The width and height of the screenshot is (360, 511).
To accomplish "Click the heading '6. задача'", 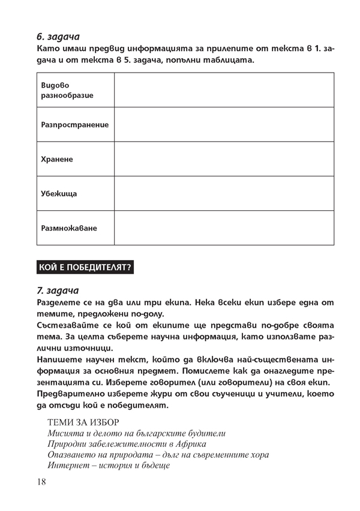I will pyautogui.click(x=58, y=37).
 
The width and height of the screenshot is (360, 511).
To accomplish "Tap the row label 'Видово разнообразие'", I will pyautogui.click(x=67, y=90).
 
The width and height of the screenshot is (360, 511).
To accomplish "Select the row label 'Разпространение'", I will pyautogui.click(x=75, y=125).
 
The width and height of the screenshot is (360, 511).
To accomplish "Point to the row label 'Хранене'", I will pyautogui.click(x=57, y=159).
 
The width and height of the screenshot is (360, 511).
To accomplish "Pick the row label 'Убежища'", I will pyautogui.click(x=59, y=194).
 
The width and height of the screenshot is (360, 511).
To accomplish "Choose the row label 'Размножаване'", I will pyautogui.click(x=69, y=228).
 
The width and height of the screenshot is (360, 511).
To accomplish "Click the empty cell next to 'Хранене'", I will pyautogui.click(x=224, y=159).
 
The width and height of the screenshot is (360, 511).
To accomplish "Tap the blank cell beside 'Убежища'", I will pyautogui.click(x=224, y=193).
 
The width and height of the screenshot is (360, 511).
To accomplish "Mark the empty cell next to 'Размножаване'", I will pyautogui.click(x=224, y=228).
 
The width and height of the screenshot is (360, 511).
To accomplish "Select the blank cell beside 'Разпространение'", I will pyautogui.click(x=224, y=124).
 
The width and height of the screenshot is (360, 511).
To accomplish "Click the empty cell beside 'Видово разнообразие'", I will pyautogui.click(x=224, y=90).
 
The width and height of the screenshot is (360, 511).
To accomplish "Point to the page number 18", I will pyautogui.click(x=41, y=482).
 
